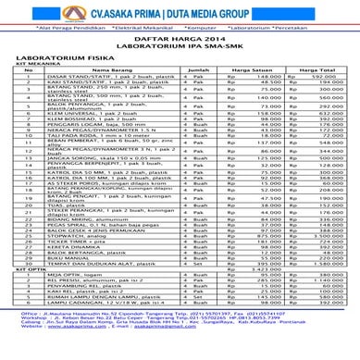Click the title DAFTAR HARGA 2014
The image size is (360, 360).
[180, 41]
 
